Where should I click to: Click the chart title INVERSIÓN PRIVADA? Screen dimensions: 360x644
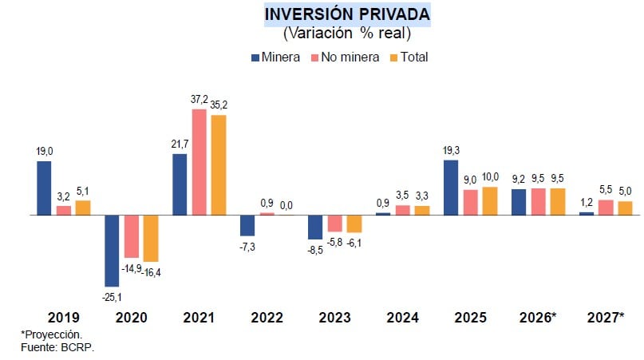pyautogui.click(x=346, y=15)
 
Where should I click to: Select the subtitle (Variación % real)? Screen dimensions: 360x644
pyautogui.click(x=346, y=34)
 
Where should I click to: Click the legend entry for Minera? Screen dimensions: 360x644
pyautogui.click(x=275, y=57)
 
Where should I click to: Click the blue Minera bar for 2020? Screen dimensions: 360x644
pyautogui.click(x=112, y=251)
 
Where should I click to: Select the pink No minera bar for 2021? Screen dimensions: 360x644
pyautogui.click(x=199, y=162)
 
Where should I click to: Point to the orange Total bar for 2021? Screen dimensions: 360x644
pyautogui.click(x=219, y=165)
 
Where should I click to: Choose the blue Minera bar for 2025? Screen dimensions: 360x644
pyautogui.click(x=451, y=188)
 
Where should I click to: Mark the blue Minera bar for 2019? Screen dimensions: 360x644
pyautogui.click(x=44, y=188)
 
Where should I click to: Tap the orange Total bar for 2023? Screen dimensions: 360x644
pyautogui.click(x=354, y=224)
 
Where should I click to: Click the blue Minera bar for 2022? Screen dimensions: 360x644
pyautogui.click(x=247, y=226)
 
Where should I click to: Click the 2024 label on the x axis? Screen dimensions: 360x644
pyautogui.click(x=403, y=318)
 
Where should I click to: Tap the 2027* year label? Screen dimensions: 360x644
pyautogui.click(x=605, y=318)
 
